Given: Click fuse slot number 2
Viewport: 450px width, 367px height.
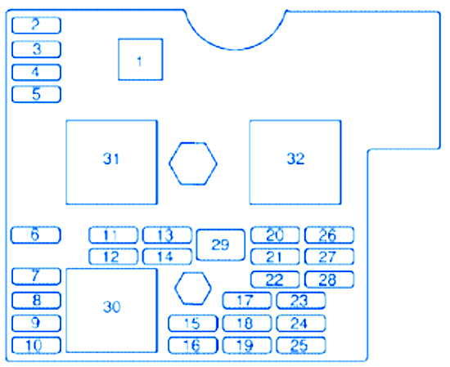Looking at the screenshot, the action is coord(36,25).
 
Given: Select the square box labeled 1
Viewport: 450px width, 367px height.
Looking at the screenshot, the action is coord(141,60).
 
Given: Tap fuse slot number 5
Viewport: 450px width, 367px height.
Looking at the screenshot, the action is coord(36,94).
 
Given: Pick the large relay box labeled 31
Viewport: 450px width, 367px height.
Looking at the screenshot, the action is coord(111,163).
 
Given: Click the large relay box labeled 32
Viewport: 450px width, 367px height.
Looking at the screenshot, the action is coord(295,163).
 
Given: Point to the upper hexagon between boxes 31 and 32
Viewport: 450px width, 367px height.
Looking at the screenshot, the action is coord(193,163).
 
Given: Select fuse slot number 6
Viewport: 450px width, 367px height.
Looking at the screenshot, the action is coord(36,235).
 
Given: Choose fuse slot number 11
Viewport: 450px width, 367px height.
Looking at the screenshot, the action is coord(113,235).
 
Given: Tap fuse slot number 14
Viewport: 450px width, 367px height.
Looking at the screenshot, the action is coord(167,257).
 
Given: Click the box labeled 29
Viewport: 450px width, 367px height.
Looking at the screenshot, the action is coord(221,245).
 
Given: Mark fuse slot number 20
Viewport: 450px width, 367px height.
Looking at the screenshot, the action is coord(275,235).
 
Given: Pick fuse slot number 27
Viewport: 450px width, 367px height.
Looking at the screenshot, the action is coord(329,257).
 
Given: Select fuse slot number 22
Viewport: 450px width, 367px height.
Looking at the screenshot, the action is coord(275,280).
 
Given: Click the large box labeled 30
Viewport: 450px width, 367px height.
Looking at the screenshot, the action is coord(111,311).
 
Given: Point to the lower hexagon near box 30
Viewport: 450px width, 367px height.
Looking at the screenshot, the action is coord(193,289).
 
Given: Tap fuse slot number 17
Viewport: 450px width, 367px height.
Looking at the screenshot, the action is coord(247,301).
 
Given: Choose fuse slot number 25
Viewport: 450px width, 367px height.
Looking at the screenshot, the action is coord(301,346).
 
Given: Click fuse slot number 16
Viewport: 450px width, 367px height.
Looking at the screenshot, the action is coord(192,346).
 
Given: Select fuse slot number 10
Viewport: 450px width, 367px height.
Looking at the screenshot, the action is coord(36,345).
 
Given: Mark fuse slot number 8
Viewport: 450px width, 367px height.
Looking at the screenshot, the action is coord(36,301).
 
